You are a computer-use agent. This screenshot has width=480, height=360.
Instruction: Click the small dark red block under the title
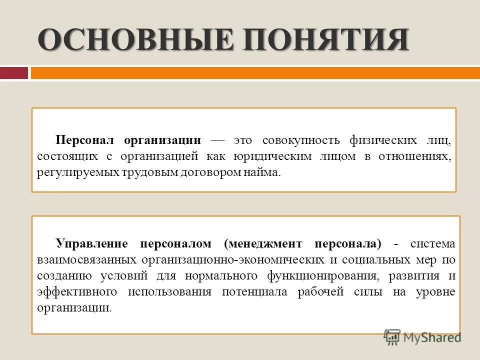[x=13, y=73]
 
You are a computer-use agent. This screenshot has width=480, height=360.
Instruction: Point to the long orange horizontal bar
[x=255, y=73]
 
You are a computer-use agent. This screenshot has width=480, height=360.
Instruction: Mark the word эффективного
[x=70, y=292]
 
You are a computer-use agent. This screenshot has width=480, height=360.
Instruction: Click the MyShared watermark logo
[x=422, y=337]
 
